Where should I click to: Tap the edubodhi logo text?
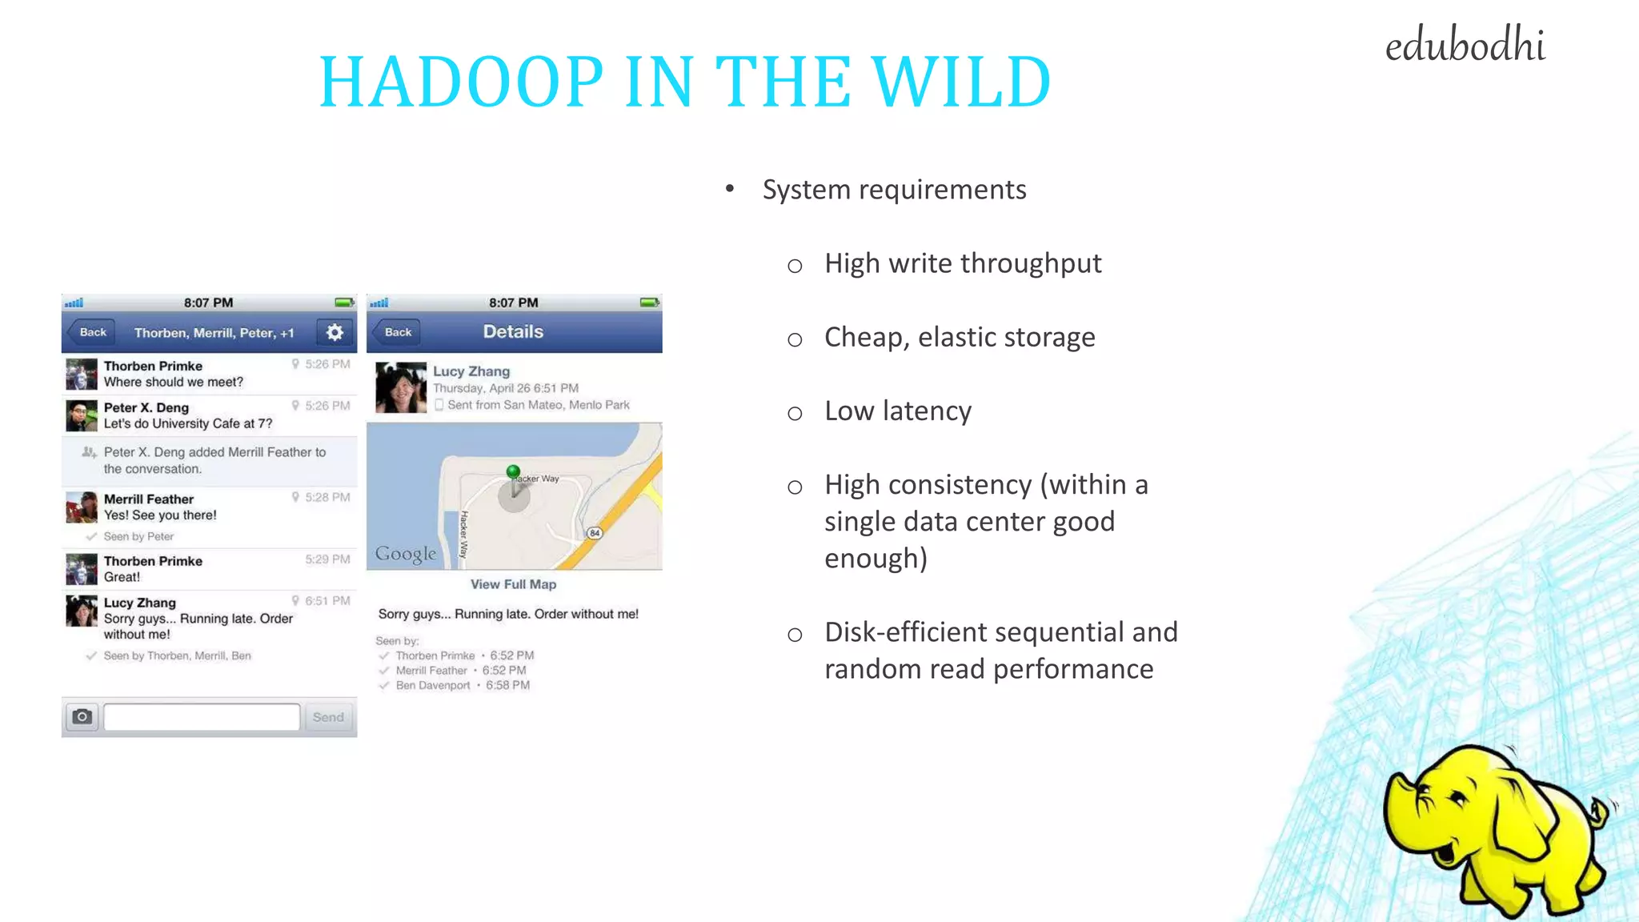tap(1465, 46)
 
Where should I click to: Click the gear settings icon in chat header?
tap(335, 332)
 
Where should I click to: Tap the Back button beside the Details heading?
tap(397, 332)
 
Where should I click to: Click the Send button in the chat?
tap(328, 717)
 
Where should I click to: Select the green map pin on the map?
tap(513, 472)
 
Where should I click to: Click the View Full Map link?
tap(513, 584)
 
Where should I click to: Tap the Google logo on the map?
tap(406, 554)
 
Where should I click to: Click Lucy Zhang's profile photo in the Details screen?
tap(401, 387)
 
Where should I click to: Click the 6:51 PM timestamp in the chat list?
tap(327, 601)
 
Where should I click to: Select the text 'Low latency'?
tap(898, 411)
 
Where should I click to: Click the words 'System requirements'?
tap(894, 190)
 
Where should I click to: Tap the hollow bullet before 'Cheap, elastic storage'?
tap(795, 339)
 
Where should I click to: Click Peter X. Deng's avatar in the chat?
tap(82, 415)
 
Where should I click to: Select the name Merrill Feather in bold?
tap(149, 499)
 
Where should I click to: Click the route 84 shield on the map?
tap(594, 533)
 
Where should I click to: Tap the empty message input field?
tap(202, 717)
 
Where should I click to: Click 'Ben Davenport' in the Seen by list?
tap(433, 686)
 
